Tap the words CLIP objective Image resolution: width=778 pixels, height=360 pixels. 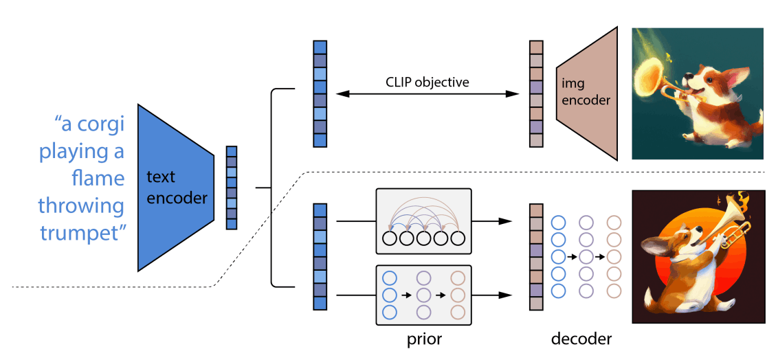coord(427,82)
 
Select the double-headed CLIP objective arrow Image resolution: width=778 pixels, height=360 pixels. coord(427,93)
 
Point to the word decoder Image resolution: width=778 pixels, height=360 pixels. coord(581,339)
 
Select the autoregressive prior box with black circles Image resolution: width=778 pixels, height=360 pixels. coord(423,222)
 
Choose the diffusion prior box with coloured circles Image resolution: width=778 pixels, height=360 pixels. coord(423,295)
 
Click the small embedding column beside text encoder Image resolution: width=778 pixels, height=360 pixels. coord(232,188)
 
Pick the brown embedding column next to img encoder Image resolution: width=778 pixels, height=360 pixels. coord(536,93)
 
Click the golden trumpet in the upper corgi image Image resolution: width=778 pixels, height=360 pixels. coord(660,74)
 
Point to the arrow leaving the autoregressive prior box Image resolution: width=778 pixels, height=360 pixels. coord(491,221)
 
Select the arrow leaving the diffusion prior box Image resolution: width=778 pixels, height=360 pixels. coord(491,295)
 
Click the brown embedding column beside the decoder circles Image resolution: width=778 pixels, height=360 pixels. coord(536,257)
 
